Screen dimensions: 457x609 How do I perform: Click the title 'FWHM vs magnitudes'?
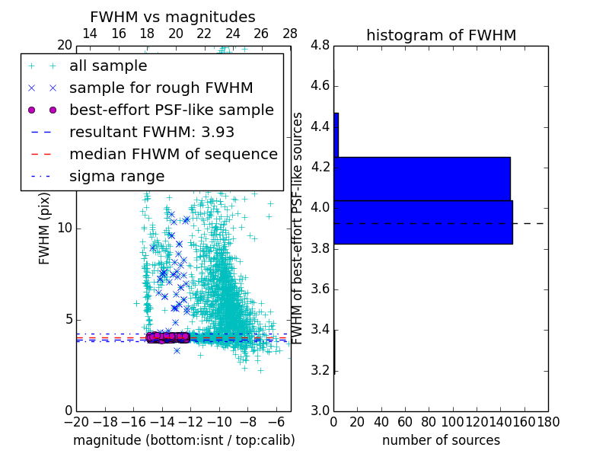point(172,17)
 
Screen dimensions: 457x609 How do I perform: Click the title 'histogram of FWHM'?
point(441,35)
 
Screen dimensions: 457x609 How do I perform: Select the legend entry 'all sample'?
point(108,66)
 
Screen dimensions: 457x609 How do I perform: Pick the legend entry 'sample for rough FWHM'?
point(161,88)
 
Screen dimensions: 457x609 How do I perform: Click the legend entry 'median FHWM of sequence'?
point(173,154)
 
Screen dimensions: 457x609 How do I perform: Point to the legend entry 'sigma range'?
point(116,176)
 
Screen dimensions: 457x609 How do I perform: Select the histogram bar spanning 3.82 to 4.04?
point(422,222)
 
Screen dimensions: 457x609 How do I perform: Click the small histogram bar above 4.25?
point(336,135)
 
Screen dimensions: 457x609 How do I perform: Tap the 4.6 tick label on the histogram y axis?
point(320,85)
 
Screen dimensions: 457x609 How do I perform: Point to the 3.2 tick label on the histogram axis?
point(320,370)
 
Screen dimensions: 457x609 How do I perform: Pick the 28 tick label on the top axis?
point(290,34)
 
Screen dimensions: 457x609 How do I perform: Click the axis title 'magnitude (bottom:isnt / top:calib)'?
point(183,440)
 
